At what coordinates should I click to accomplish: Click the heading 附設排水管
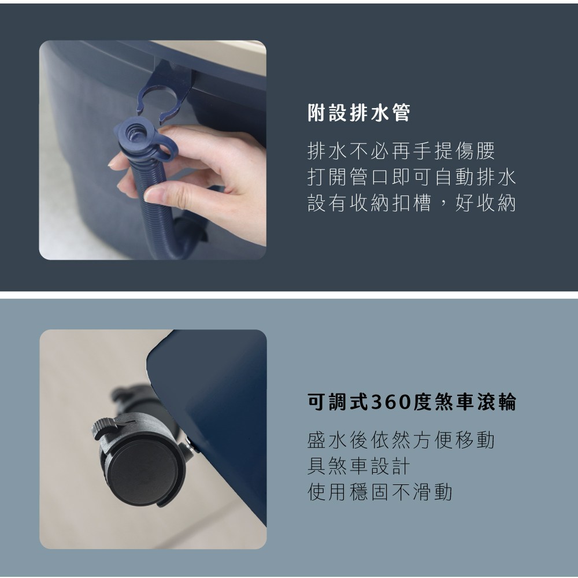tap(359, 113)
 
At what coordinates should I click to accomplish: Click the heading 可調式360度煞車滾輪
tap(412, 402)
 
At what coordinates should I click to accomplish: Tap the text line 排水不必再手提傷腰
tap(401, 151)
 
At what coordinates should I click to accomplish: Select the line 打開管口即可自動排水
tap(412, 177)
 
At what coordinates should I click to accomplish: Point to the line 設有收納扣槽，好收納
tap(412, 203)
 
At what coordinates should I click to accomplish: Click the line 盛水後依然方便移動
tap(401, 440)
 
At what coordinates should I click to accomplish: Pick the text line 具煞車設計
tap(358, 466)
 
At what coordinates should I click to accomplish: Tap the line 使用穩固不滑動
tap(380, 492)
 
